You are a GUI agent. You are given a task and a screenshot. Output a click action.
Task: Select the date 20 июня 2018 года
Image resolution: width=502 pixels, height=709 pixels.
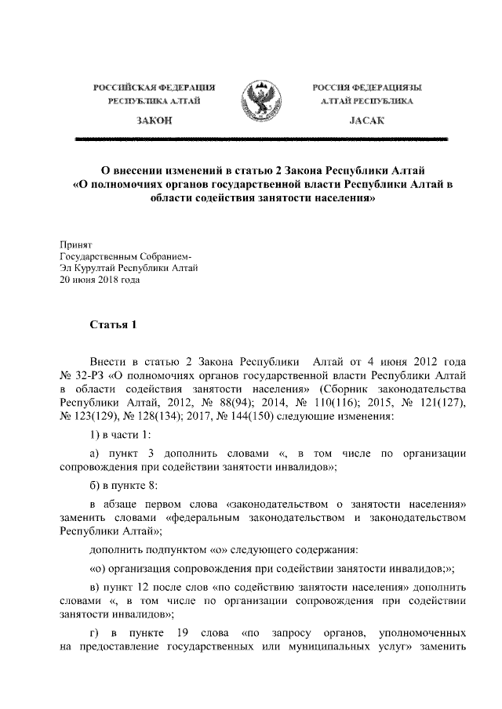tap(99, 280)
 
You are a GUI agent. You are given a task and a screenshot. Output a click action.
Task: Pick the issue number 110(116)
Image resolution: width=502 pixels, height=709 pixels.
tap(300, 402)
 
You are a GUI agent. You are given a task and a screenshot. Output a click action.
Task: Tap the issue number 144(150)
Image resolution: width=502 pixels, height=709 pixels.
tap(239, 415)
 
